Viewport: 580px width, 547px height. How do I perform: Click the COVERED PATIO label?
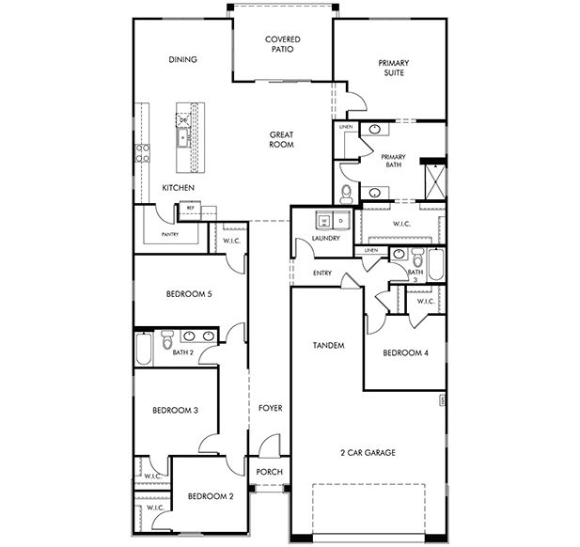[x=282, y=44]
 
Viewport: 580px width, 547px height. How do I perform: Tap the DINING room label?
[x=182, y=59]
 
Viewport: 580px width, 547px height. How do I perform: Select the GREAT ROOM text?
[x=282, y=140]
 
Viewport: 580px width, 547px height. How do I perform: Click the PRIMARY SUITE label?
[x=393, y=68]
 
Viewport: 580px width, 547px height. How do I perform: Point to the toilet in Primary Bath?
[x=345, y=195]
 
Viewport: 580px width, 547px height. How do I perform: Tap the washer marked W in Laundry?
[x=325, y=222]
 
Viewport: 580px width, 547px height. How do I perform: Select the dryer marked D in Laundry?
[x=340, y=222]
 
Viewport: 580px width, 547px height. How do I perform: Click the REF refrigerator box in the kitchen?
[x=191, y=208]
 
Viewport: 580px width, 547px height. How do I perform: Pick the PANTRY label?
[x=170, y=234]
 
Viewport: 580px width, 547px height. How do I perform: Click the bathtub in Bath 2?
[x=143, y=349]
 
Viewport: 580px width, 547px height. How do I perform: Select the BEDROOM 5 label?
[x=189, y=294]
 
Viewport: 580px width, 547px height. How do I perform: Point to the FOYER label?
[x=271, y=408]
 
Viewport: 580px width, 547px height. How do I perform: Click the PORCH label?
[x=270, y=472]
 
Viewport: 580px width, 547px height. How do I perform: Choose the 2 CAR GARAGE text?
[x=368, y=452]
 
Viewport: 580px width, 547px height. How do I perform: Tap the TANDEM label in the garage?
[x=328, y=346]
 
